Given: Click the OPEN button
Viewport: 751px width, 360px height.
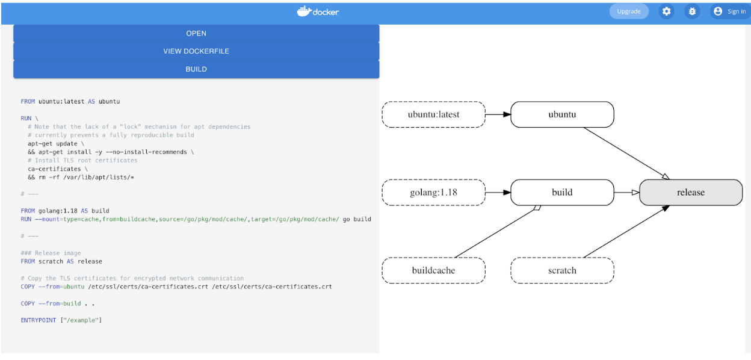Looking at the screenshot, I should point(196,34).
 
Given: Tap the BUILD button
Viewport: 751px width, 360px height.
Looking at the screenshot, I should point(196,69).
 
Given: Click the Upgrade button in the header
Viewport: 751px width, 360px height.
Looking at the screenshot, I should point(629,11).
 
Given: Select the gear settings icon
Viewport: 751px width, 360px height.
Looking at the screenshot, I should point(666,11).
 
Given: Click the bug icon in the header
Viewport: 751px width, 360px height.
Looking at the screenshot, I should point(693,11).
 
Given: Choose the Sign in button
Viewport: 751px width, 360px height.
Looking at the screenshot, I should point(729,11).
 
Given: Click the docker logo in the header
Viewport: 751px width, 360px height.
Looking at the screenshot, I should point(318,11).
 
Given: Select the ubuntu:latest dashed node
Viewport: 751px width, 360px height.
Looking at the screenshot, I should point(433,114).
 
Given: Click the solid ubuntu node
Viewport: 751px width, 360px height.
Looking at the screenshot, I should point(562,114).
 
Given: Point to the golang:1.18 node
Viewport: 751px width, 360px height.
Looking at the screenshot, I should point(433,193).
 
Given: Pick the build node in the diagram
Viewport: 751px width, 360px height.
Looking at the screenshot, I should point(562,193).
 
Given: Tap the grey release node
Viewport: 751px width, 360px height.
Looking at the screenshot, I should point(691,193).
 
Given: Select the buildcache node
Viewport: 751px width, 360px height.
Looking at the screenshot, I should point(433,270).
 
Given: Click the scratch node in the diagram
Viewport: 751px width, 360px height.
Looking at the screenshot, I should point(562,270).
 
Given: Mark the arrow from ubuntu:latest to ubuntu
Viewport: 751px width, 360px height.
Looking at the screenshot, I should point(498,114).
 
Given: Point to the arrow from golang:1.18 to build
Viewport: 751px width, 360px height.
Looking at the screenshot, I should point(498,193).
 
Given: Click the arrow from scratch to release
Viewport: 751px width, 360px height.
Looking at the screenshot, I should point(626,232).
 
